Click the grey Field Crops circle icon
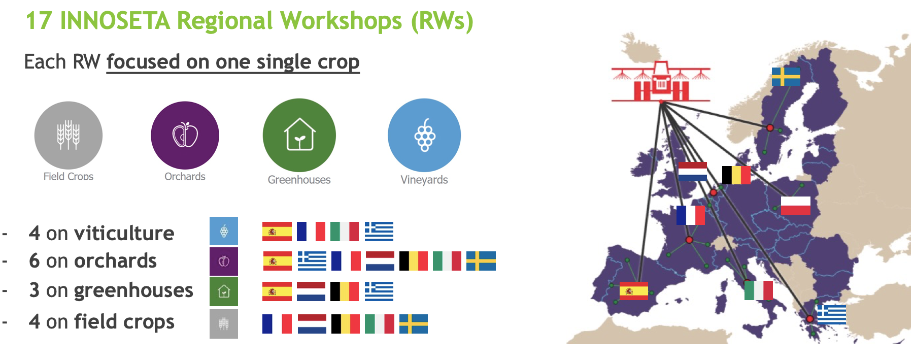(69, 135)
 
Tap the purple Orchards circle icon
(185, 135)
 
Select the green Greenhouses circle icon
(299, 135)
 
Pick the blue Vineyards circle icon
(424, 135)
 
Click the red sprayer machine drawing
(661, 82)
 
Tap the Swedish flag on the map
(786, 77)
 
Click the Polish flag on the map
(795, 205)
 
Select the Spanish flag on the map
(634, 291)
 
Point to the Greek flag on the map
(831, 314)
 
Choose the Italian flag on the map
(759, 290)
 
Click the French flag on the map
(691, 215)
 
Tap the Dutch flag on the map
(693, 172)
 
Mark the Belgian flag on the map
(736, 175)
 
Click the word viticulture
(124, 233)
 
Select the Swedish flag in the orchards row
(481, 261)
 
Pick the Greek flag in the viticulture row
(379, 232)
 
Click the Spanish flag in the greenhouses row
(277, 291)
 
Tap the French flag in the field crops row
(277, 324)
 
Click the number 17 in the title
(39, 21)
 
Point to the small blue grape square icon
(224, 231)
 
